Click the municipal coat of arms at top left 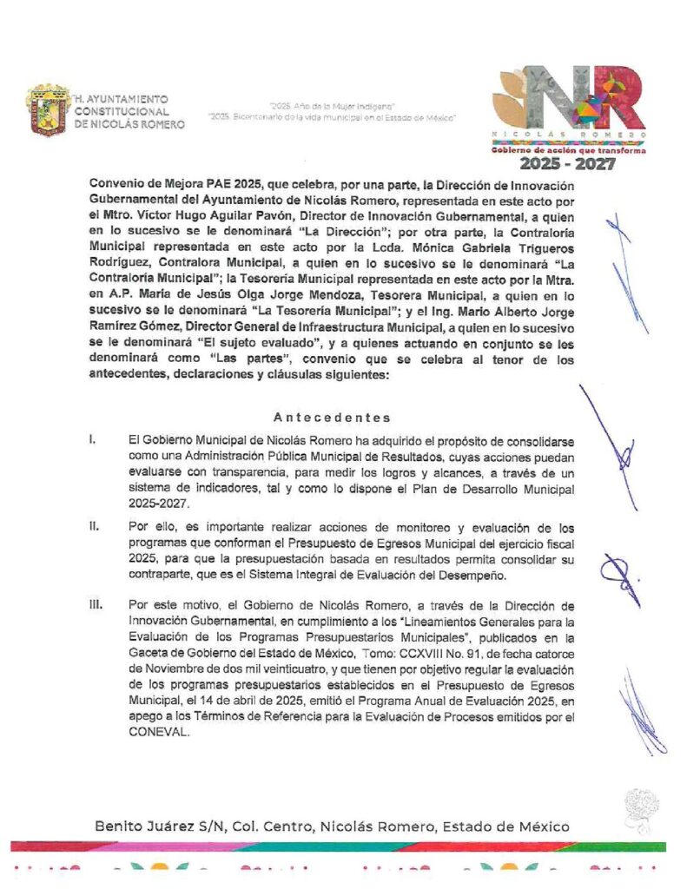click(47, 109)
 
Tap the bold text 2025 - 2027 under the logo click(568, 163)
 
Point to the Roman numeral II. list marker click(93, 526)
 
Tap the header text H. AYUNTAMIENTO click(122, 100)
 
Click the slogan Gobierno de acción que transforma click(568, 149)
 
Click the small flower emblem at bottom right click(642, 807)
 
